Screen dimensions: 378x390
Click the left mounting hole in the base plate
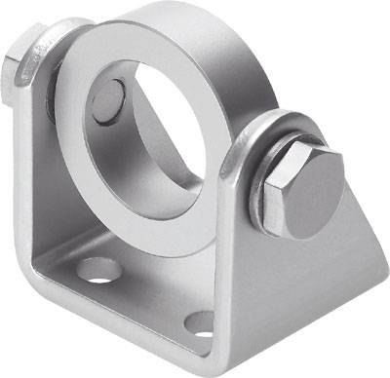pos(95,269)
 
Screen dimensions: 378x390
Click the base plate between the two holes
pos(146,292)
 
